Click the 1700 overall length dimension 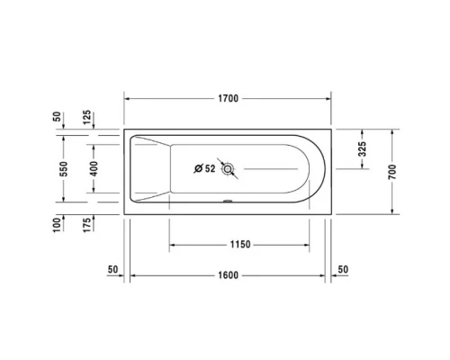pyautogui.click(x=227, y=98)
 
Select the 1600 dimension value pyautogui.click(x=227, y=274)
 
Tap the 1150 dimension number pyautogui.click(x=238, y=244)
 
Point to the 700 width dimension pyautogui.click(x=391, y=171)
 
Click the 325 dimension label pyautogui.click(x=360, y=148)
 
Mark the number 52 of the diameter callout pyautogui.click(x=210, y=167)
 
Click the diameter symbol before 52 pyautogui.click(x=198, y=167)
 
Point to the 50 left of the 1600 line pyautogui.click(x=112, y=269)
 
